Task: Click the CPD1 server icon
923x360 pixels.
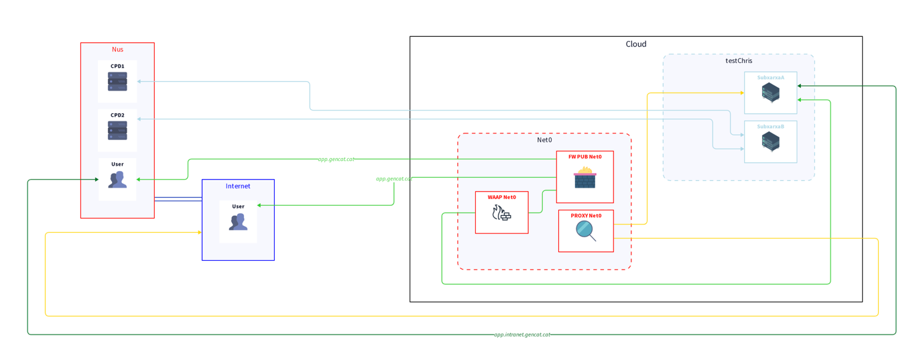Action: (117, 82)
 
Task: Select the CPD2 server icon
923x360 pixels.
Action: (117, 131)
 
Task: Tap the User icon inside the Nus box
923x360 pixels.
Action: (117, 180)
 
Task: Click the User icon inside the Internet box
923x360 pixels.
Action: (238, 222)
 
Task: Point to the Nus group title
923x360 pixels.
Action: (117, 50)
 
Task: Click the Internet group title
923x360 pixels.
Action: (238, 186)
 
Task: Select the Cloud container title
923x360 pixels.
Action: (635, 44)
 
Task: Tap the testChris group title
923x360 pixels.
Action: (739, 61)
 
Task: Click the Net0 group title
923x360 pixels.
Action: (544, 140)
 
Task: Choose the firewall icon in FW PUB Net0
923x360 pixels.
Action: (584, 178)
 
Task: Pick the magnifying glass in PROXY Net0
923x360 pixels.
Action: (586, 231)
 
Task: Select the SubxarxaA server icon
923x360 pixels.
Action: (770, 93)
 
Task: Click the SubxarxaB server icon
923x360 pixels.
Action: (770, 141)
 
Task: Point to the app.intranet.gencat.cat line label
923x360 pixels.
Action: (521, 334)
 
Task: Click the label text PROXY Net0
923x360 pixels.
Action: (586, 216)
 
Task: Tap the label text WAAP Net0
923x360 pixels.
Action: (501, 198)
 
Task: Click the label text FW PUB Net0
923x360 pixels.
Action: (584, 157)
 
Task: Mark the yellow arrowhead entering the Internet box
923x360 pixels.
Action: (199, 233)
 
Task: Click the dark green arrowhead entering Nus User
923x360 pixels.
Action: (97, 180)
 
